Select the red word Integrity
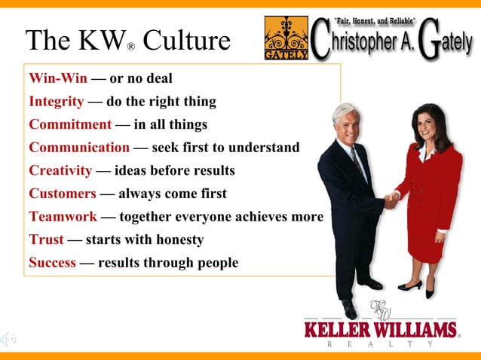point(56,102)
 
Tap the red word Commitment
point(69,124)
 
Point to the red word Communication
point(79,148)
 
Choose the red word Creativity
point(60,170)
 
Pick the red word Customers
point(62,194)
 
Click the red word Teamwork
point(63,217)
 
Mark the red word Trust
point(46,240)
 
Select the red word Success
point(52,263)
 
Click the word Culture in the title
point(186,41)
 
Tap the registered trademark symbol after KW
point(130,47)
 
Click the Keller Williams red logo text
point(381,330)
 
